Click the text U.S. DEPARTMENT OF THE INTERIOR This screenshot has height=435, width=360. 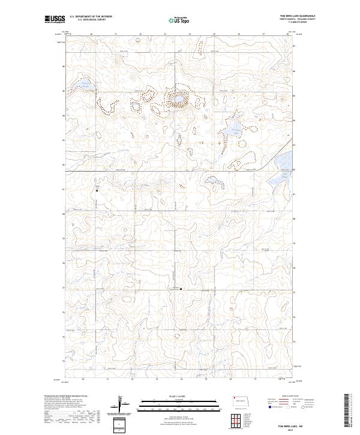(x=92, y=16)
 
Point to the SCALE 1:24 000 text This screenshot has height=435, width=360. (x=180, y=397)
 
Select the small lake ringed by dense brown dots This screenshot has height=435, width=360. (x=178, y=98)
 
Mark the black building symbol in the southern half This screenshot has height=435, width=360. (x=182, y=289)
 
